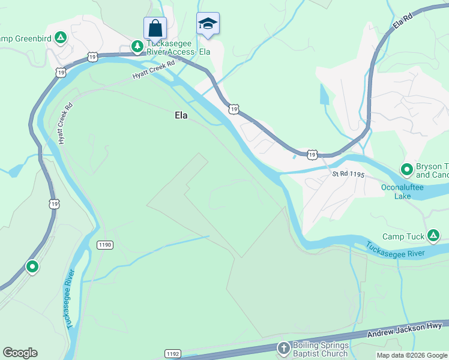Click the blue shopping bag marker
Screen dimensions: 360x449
[x=155, y=28]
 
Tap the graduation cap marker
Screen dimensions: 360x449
[x=208, y=23]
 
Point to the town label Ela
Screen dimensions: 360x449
[x=181, y=115]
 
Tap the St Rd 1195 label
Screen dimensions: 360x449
[x=349, y=175]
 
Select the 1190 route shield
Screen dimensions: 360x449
[x=105, y=245]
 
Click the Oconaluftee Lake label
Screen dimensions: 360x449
[x=402, y=191]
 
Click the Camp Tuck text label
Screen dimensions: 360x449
[x=403, y=237]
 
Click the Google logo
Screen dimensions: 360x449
[x=20, y=353]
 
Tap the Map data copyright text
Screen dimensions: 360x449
[x=412, y=355]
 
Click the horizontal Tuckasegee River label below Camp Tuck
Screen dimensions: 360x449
[x=395, y=249]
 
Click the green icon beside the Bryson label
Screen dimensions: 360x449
[x=406, y=169]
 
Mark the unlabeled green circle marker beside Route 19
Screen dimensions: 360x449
[x=32, y=266]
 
